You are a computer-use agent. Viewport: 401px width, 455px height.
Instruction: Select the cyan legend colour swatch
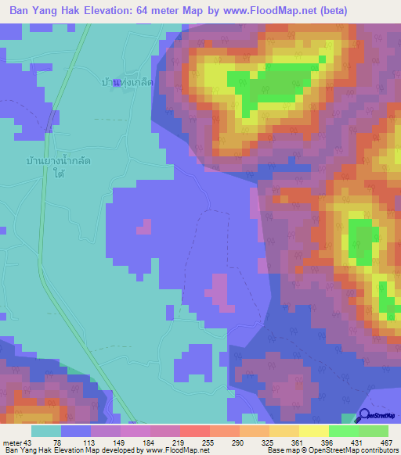tap(46, 430)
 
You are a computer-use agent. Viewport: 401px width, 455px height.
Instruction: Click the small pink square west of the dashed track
tap(143, 227)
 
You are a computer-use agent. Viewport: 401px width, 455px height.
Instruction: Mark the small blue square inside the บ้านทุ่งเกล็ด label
tap(116, 84)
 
